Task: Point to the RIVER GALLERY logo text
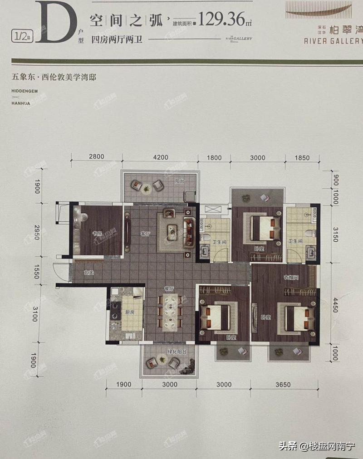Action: pyautogui.click(x=334, y=40)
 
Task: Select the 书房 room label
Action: pyautogui.click(x=96, y=234)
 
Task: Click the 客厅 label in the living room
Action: pyautogui.click(x=145, y=234)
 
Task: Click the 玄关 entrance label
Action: pyautogui.click(x=88, y=273)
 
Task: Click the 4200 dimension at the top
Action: pyautogui.click(x=160, y=157)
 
